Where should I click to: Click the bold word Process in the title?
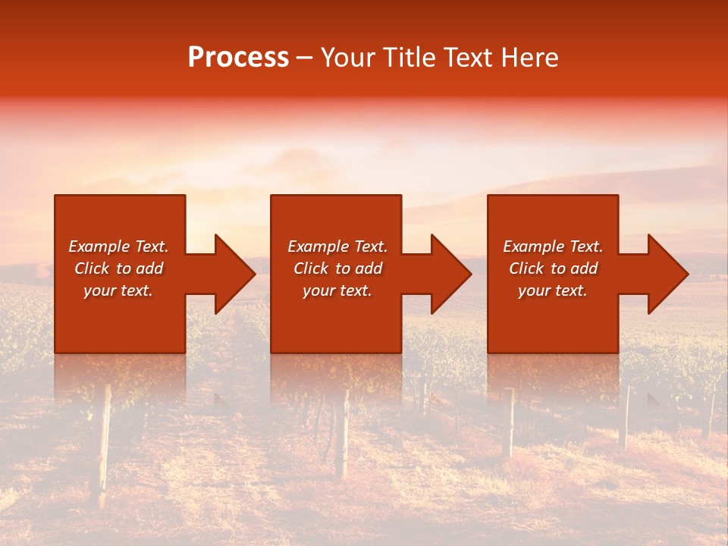pyautogui.click(x=238, y=57)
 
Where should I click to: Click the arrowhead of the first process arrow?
pyautogui.click(x=235, y=274)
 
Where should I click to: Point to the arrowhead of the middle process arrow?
pyautogui.click(x=451, y=274)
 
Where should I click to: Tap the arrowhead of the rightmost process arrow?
pyautogui.click(x=668, y=274)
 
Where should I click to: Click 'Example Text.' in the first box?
pyautogui.click(x=118, y=246)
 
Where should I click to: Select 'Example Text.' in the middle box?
pyautogui.click(x=337, y=246)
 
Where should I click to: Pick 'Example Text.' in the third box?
pyautogui.click(x=553, y=246)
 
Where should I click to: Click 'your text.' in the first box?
pyautogui.click(x=118, y=290)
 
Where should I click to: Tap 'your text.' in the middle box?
pyautogui.click(x=337, y=290)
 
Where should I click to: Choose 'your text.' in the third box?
pyautogui.click(x=553, y=290)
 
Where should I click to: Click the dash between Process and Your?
pyautogui.click(x=305, y=58)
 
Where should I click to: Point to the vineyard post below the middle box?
pyautogui.click(x=342, y=432)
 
